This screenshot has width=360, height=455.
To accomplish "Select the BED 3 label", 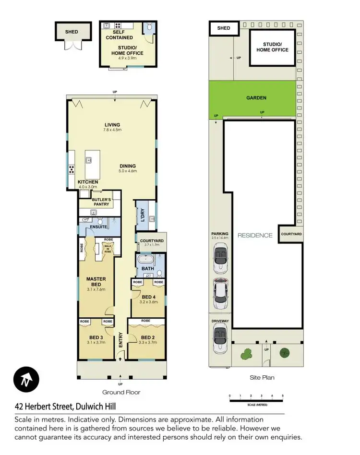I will coord(95,337).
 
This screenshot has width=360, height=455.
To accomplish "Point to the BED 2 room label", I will coord(146,337).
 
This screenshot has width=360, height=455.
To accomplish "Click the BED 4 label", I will coord(149,297).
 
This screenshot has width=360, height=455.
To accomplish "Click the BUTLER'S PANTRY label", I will coord(101,202).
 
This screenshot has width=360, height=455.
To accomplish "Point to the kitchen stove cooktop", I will coord(72,169).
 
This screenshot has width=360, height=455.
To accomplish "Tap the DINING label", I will coord(128,166).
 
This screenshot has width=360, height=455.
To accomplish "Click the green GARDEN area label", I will coord(256,98).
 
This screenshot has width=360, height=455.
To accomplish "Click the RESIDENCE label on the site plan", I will coord(255,235).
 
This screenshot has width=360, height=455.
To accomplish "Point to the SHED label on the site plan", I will coord(224,28).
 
